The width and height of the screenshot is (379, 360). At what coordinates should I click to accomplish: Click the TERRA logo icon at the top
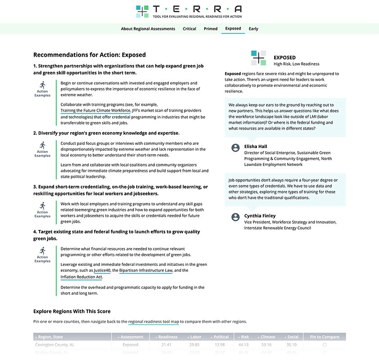[142, 11]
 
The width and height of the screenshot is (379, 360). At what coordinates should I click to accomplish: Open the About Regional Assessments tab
[148, 29]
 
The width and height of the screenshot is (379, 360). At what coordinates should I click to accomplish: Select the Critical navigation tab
[189, 29]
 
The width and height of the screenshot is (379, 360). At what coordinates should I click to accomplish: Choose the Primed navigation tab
[211, 29]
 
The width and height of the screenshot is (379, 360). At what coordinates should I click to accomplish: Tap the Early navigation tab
[253, 29]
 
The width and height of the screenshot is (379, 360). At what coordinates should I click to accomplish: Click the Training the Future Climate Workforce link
[95, 110]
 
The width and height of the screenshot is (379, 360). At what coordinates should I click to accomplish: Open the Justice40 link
[102, 270]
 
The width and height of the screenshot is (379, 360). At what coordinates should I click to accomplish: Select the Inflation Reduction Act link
[81, 277]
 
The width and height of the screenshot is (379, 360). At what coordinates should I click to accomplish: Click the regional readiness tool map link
[153, 322]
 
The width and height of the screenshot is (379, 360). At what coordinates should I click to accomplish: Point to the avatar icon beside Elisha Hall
[235, 148]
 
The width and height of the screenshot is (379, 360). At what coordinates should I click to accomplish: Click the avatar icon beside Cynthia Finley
[235, 217]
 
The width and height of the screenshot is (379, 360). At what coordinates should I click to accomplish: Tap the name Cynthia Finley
[260, 216]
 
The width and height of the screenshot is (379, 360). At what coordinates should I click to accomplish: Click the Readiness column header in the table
[167, 337]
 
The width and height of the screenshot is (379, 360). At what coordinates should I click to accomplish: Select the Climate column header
[267, 337]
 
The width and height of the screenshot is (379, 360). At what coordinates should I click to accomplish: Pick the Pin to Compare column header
[324, 337]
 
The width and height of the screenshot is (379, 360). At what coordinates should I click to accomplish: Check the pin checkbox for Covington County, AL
[325, 345]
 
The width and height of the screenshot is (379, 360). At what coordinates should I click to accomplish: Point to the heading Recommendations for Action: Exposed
[90, 55]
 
